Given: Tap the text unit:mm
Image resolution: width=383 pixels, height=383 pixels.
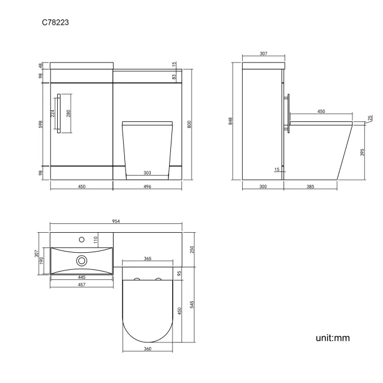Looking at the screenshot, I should click(x=333, y=338).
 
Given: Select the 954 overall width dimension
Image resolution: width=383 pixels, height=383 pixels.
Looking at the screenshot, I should click(x=116, y=221).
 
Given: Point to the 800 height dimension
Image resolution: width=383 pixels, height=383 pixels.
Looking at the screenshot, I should click(x=189, y=125).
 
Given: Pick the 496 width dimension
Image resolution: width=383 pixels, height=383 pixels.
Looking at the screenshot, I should click(x=147, y=186).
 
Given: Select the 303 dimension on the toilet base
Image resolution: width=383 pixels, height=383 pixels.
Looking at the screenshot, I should click(x=147, y=173).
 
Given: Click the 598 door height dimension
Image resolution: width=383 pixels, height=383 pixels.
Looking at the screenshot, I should click(x=41, y=125).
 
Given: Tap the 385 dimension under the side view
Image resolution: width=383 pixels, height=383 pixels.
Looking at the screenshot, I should click(x=311, y=186).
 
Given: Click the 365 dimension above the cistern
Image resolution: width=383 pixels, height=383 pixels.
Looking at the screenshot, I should click(x=147, y=259).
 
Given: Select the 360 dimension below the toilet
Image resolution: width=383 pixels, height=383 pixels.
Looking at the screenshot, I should click(x=147, y=349).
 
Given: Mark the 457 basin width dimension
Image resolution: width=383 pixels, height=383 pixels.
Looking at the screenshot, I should click(x=82, y=285).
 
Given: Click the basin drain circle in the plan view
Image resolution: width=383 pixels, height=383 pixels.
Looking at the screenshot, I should click(x=82, y=260).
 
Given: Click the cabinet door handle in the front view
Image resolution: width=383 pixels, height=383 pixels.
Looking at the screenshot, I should click(x=60, y=114).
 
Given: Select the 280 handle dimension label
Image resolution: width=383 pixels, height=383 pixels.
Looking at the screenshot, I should click(x=68, y=114).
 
